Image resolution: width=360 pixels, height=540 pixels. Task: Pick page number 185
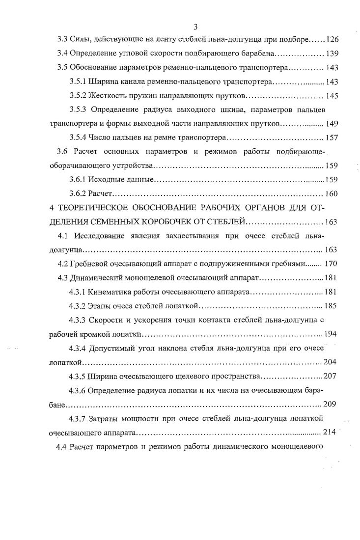click(x=331, y=306)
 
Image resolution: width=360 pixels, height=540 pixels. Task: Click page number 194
click(x=331, y=334)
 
